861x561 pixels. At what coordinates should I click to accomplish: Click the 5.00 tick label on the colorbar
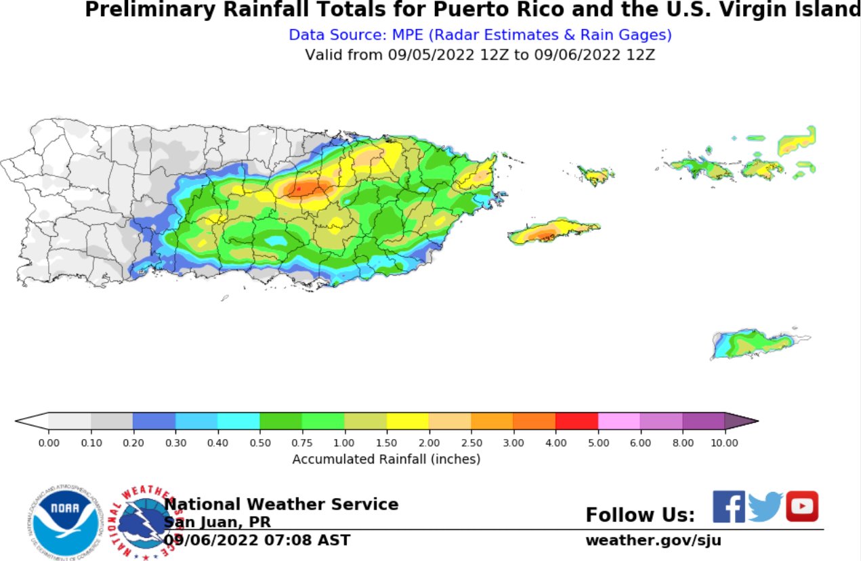(597, 442)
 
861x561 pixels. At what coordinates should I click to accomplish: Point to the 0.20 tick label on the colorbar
(133, 442)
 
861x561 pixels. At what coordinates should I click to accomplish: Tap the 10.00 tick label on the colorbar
(724, 442)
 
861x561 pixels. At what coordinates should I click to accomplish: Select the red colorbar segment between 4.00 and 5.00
(576, 421)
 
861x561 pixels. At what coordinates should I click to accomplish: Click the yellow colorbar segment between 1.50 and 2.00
(407, 421)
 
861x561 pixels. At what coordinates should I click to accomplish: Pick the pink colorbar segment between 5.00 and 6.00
(618, 421)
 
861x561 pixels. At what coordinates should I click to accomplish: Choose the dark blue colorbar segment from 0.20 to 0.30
(154, 421)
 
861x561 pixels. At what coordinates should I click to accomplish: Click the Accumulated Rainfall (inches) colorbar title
(386, 459)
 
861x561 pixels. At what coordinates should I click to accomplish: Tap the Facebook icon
(729, 507)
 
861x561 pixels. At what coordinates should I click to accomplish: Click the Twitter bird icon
(765, 507)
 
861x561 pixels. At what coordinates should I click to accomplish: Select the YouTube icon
(802, 506)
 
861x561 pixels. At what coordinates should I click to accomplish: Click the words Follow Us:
(640, 515)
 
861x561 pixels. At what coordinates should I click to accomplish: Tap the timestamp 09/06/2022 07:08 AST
(257, 540)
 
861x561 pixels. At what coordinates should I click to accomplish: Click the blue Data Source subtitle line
(480, 35)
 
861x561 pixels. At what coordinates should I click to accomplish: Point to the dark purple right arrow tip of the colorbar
(741, 421)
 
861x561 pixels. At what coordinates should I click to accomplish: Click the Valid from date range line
(480, 55)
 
